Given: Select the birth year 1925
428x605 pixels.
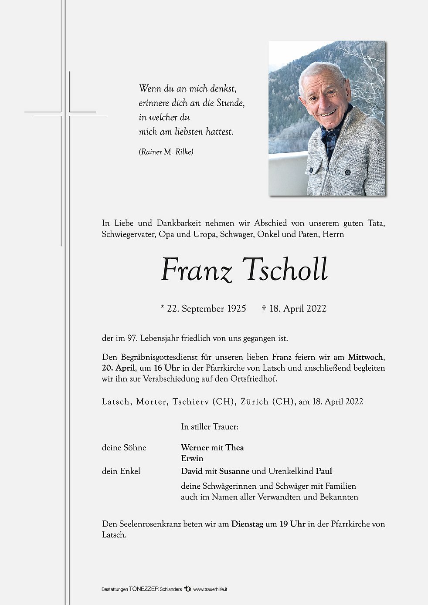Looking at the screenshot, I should point(237,309).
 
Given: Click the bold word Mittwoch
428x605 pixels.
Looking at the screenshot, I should point(365,357).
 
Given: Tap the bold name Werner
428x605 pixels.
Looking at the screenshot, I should point(195,448).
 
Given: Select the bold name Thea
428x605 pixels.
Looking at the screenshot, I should point(235,448).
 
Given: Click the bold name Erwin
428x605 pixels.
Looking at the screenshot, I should point(192,458).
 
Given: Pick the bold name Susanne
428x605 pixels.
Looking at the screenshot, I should point(234,471).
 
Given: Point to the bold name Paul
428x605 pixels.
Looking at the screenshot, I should point(324,471).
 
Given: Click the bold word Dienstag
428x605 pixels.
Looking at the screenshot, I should point(247,524).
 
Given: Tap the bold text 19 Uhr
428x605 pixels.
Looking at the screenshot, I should point(292,524).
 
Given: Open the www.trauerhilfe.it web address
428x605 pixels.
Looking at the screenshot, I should point(211,589).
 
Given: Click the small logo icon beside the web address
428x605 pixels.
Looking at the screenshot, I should point(187,589).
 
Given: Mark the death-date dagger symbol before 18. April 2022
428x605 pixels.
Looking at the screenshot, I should point(264,309).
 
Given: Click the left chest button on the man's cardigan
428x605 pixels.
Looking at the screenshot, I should point(312,169).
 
